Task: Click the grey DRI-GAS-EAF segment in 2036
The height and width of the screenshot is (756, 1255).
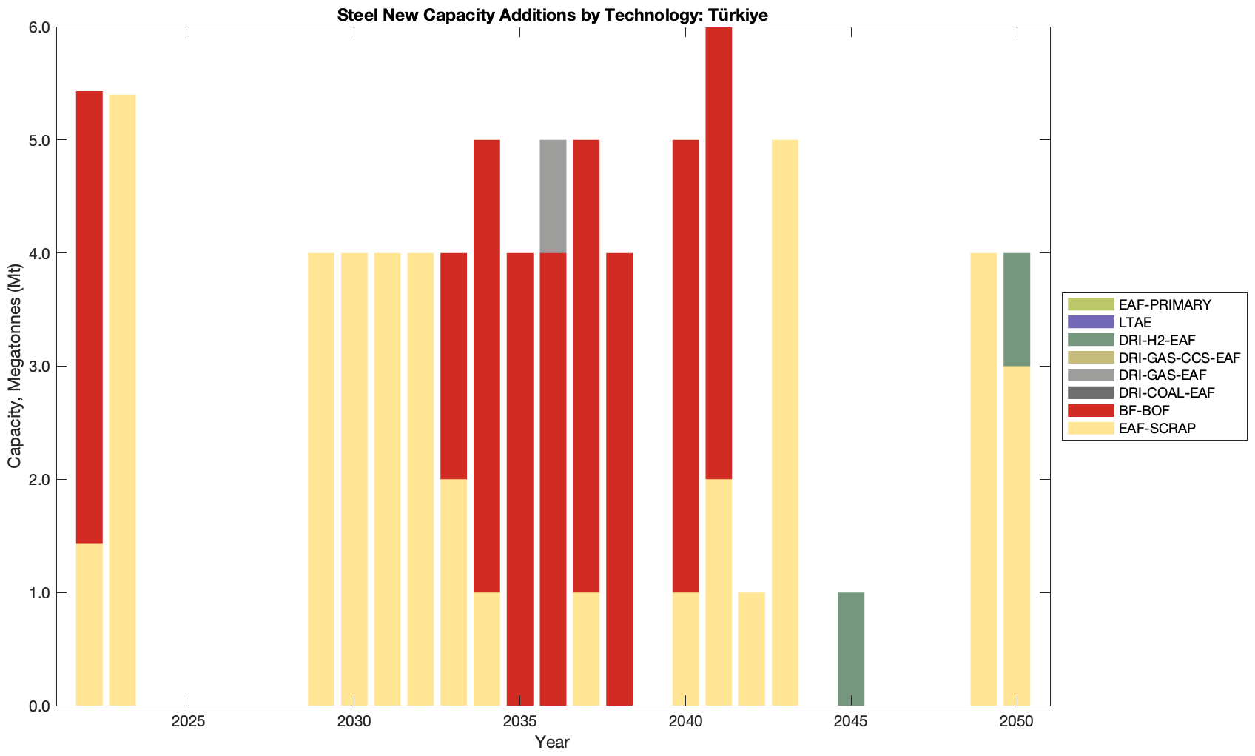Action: (x=553, y=196)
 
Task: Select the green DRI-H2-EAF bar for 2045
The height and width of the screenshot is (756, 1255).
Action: (x=851, y=649)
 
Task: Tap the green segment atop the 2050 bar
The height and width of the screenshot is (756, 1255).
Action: (x=1017, y=310)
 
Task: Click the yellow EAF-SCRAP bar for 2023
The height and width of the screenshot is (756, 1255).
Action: (x=122, y=400)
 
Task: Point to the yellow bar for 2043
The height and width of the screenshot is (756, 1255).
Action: (x=784, y=422)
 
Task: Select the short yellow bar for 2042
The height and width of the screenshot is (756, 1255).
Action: (x=752, y=649)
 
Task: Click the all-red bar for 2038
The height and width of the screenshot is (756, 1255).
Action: (x=619, y=479)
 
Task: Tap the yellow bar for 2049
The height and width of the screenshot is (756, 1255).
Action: (x=983, y=479)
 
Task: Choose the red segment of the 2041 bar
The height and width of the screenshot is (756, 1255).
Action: (x=719, y=253)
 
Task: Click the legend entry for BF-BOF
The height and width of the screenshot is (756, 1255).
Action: (x=1144, y=411)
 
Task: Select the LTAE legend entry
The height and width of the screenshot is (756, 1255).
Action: (x=1135, y=322)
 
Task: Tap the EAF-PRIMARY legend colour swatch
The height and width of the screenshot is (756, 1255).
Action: (x=1090, y=304)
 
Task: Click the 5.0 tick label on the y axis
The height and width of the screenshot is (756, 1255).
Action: (x=38, y=140)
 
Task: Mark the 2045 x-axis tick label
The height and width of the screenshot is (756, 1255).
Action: (x=851, y=720)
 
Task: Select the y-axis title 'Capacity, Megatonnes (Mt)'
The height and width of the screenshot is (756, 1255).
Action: (x=14, y=367)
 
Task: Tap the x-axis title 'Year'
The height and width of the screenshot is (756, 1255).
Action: (x=552, y=742)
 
